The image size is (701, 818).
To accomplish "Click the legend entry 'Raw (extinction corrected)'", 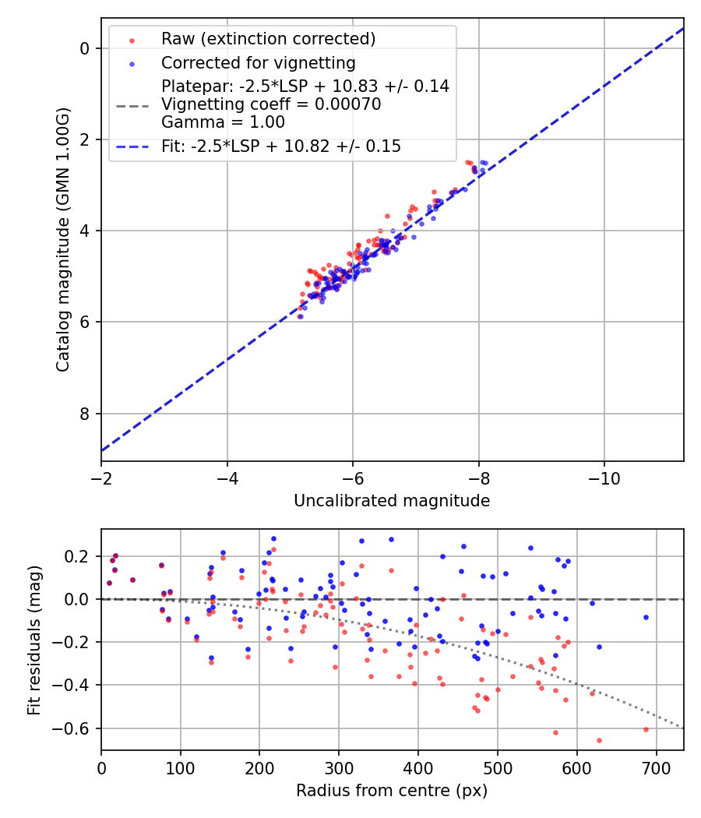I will point(268,39).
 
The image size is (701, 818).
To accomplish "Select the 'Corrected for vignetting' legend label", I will point(258,63).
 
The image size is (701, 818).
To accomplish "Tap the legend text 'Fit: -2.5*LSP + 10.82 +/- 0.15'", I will point(281,146).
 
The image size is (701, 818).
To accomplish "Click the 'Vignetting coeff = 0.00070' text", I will point(271,104).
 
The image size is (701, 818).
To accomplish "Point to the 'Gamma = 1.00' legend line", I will point(223,122).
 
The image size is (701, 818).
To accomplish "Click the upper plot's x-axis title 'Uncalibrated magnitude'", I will point(392,501).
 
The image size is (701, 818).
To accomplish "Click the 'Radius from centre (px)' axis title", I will point(392,791).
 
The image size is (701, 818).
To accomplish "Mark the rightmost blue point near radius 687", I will point(646,617).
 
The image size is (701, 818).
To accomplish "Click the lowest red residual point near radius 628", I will point(599,740).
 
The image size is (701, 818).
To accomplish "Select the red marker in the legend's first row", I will point(132,40).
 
